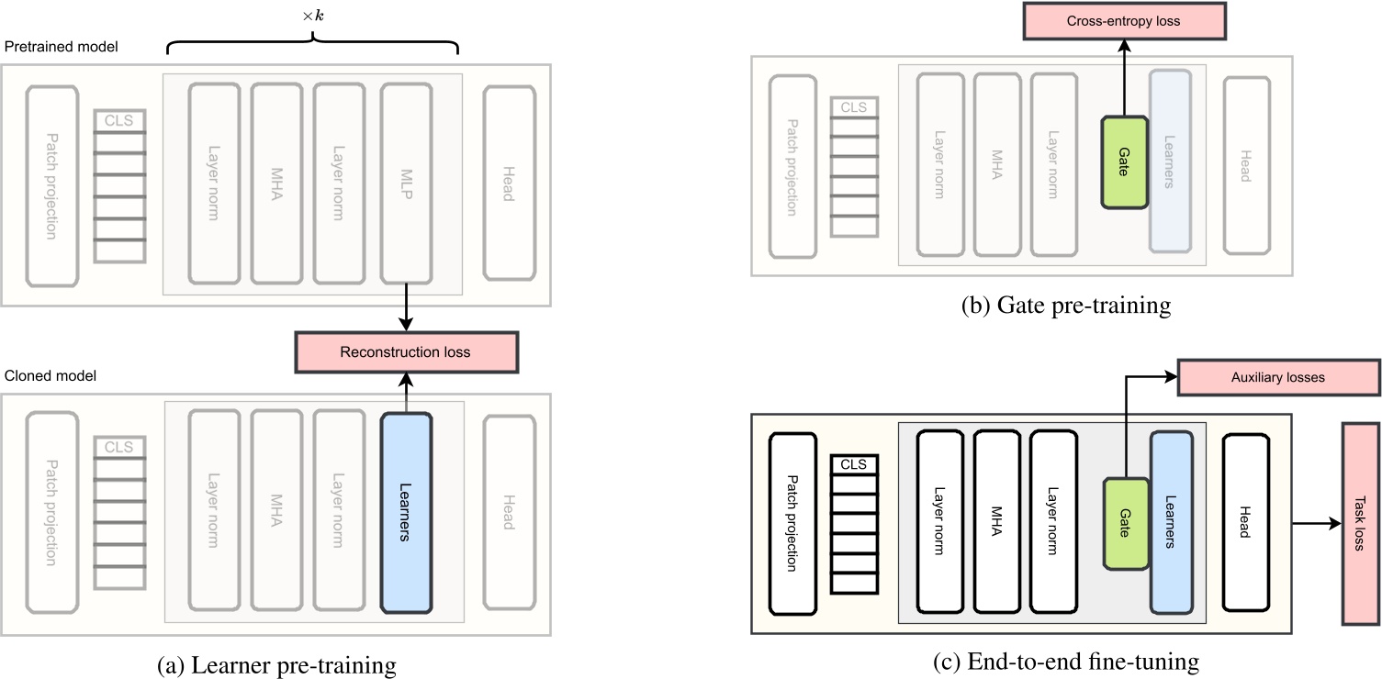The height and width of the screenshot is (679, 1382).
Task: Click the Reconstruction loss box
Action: pos(406,352)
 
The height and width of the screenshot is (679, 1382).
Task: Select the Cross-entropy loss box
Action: pos(1124,21)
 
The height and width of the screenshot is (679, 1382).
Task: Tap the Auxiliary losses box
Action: pos(1277,377)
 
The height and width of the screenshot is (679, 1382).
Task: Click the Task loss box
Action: pos(1360,524)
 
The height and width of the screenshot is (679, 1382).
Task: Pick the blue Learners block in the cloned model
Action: pos(405,513)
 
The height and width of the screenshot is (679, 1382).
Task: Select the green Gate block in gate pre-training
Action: pos(1124,161)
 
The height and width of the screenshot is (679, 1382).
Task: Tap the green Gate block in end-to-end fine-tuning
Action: pos(1124,524)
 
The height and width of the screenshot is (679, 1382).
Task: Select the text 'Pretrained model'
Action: pos(62,46)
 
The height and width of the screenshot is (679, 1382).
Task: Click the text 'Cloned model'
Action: pos(51,376)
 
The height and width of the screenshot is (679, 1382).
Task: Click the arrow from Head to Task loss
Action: pos(1315,524)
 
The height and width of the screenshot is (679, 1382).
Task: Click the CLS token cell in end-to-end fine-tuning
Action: pos(854,464)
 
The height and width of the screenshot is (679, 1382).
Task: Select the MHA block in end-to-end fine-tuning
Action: pos(996,523)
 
